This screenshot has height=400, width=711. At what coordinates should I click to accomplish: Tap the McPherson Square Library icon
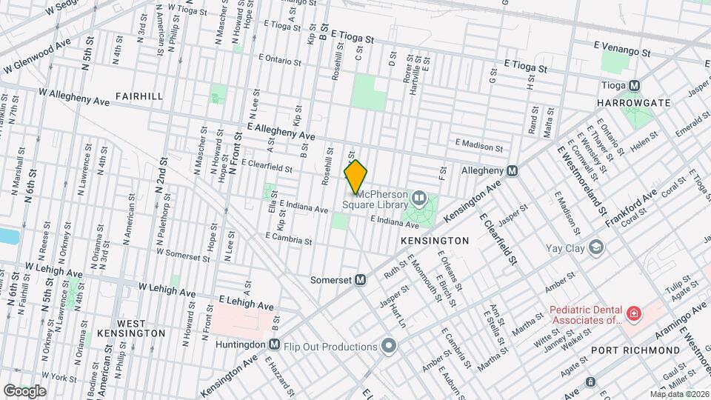click(x=419, y=198)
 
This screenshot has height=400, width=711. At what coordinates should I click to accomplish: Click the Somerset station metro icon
click(x=360, y=280)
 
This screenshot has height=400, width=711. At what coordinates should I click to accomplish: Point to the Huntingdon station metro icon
click(x=274, y=344)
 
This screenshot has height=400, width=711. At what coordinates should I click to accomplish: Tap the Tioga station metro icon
click(x=634, y=86)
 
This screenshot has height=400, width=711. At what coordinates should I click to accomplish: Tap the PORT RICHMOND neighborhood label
click(x=635, y=350)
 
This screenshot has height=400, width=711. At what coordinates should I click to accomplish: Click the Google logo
click(x=24, y=390)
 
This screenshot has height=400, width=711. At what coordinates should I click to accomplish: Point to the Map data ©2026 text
click(x=679, y=394)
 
